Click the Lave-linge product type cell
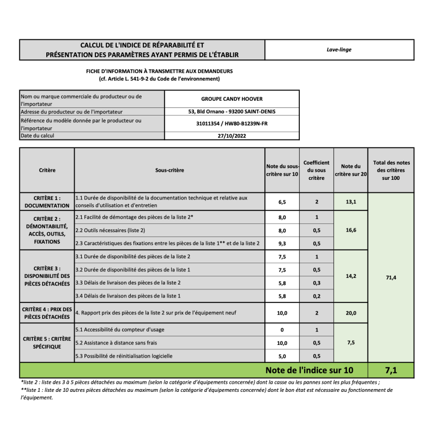coord(338,50)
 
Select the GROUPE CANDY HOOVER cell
coord(232,99)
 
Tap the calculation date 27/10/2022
coord(232,136)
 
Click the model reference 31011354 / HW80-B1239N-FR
coord(232,124)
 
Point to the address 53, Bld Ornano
coord(232,111)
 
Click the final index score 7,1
coord(391,371)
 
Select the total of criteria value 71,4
coord(391,278)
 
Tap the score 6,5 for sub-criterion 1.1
coord(282,202)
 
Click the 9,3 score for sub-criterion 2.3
coord(282,243)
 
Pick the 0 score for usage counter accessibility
coord(282,330)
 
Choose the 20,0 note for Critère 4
coord(351,313)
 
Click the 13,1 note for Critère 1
coord(351,202)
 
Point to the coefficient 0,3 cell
coord(317,283)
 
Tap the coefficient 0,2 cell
coord(317,296)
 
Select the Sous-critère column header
coord(169,170)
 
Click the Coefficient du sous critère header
coord(317,170)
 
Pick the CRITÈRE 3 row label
coord(47,276)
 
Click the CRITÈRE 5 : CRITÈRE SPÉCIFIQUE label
coord(47,342)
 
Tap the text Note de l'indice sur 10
coord(309,371)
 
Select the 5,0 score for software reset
coord(282,356)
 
